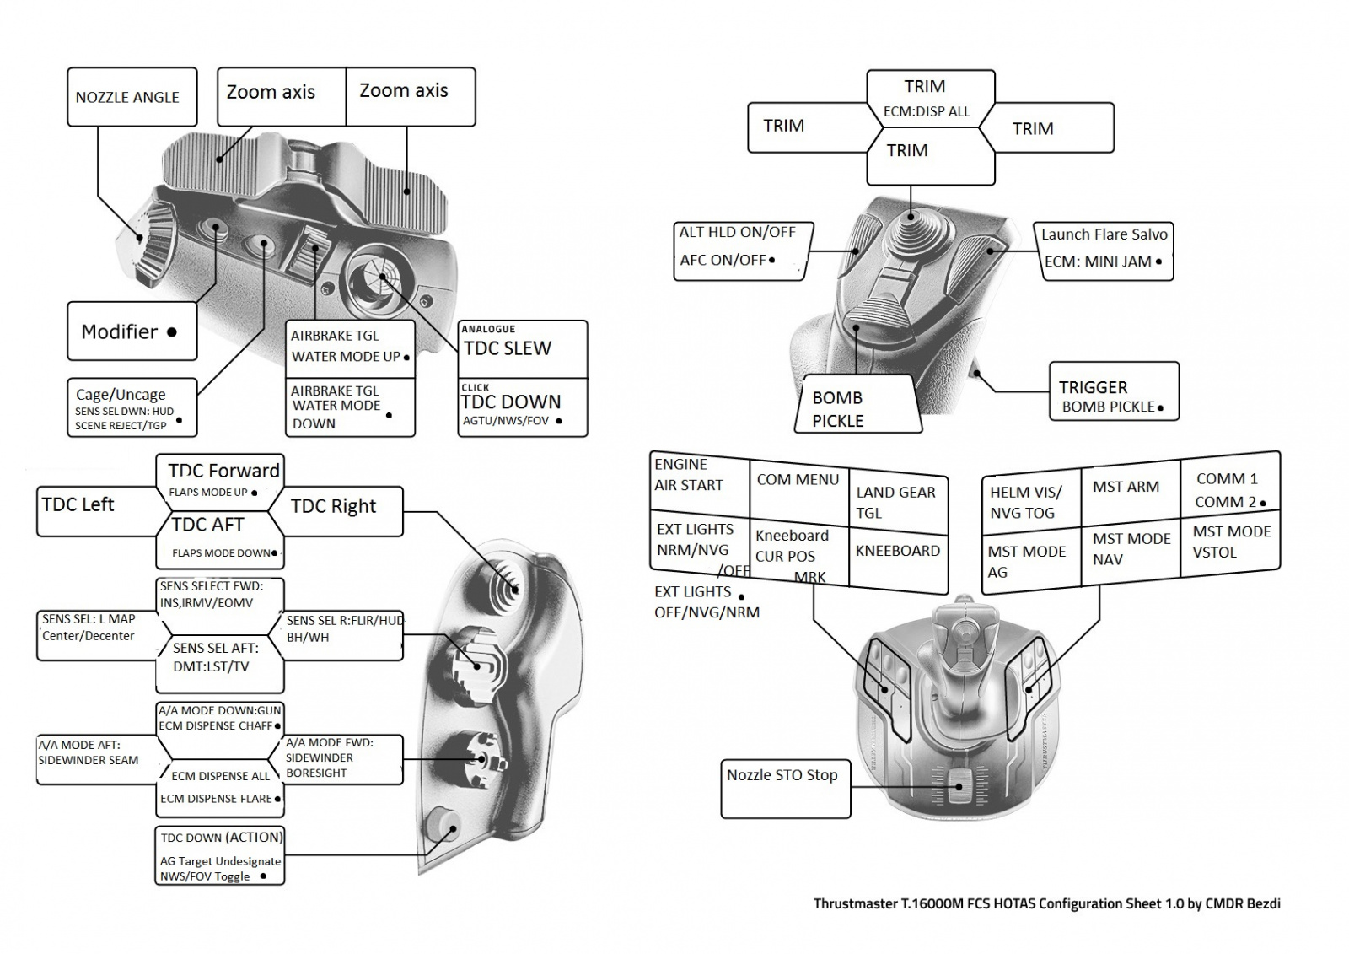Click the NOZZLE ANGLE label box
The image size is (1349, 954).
(x=132, y=97)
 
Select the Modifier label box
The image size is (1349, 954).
(x=132, y=331)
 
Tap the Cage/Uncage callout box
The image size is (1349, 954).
(x=132, y=407)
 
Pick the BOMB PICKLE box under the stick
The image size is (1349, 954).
(x=855, y=408)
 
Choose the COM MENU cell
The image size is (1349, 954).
(x=798, y=480)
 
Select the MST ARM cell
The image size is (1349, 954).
(x=1126, y=487)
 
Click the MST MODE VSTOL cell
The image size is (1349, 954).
(x=1230, y=542)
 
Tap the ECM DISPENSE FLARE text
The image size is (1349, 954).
(x=217, y=799)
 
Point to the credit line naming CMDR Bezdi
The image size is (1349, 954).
(x=1046, y=903)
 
